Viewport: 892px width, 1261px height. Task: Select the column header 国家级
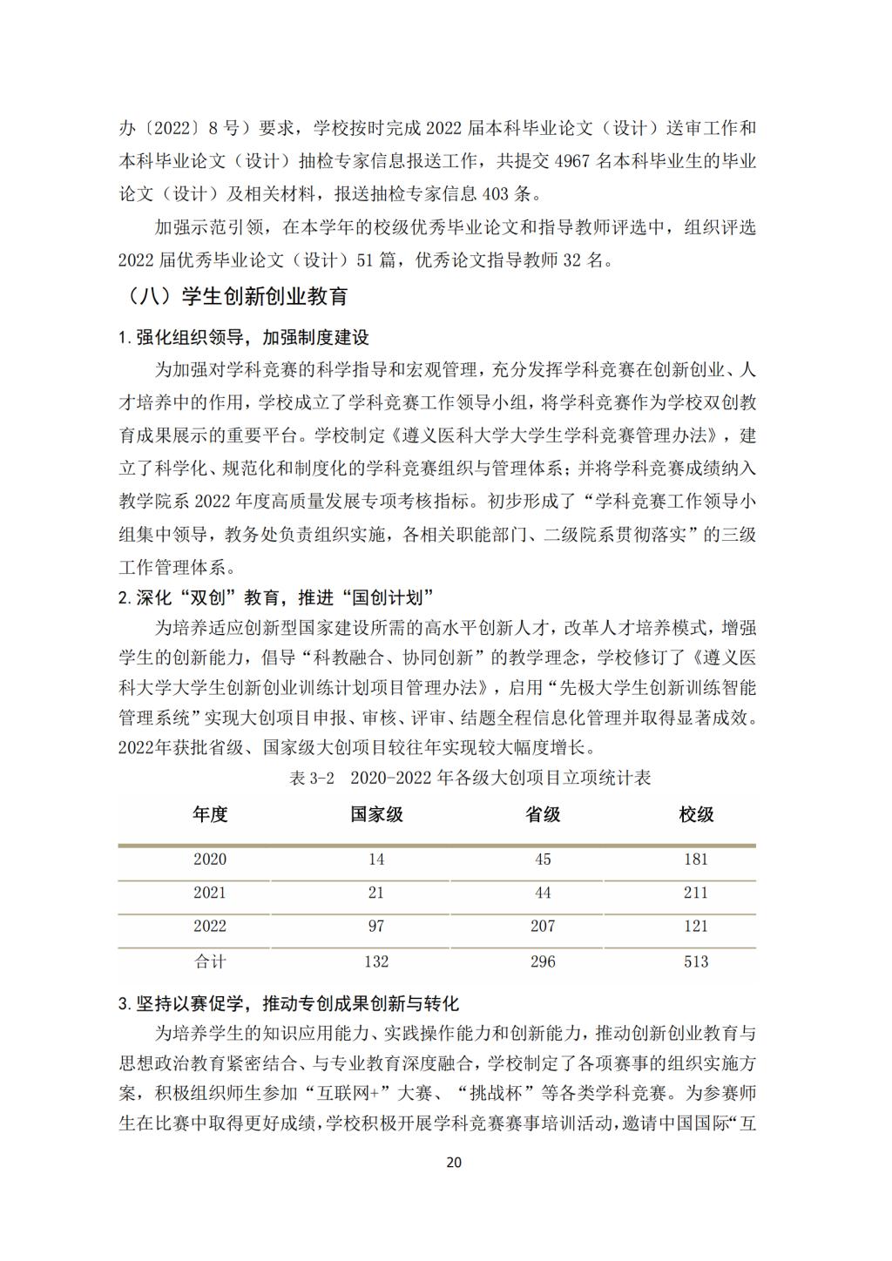point(376,814)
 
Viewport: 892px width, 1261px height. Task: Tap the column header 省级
point(542,814)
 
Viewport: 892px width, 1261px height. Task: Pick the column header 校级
point(696,814)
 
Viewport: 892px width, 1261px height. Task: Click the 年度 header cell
point(210,814)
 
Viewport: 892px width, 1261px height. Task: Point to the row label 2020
point(210,860)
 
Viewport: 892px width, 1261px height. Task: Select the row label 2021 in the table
point(210,893)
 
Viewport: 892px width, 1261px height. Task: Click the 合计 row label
point(210,961)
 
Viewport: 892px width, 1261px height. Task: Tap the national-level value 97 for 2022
point(376,926)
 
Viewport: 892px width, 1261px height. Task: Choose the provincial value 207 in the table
point(542,926)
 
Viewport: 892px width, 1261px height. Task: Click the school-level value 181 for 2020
point(696,860)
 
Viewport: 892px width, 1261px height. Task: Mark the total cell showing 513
point(696,961)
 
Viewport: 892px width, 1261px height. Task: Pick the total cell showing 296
point(542,961)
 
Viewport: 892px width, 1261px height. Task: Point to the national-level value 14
point(376,860)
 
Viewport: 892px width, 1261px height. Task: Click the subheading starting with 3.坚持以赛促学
point(288,1003)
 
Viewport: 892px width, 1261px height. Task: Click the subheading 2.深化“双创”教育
point(276,597)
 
